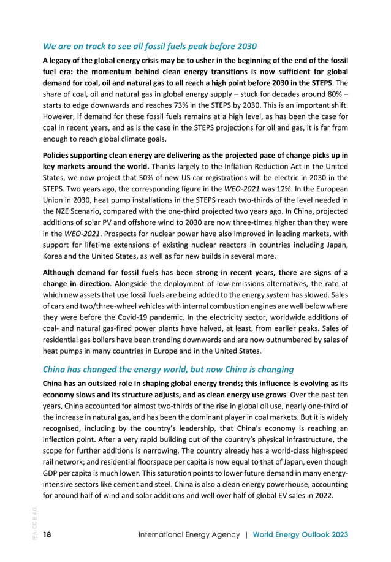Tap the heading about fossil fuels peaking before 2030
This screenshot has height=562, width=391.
tap(149, 47)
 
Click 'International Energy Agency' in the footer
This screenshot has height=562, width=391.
tap(188, 534)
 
